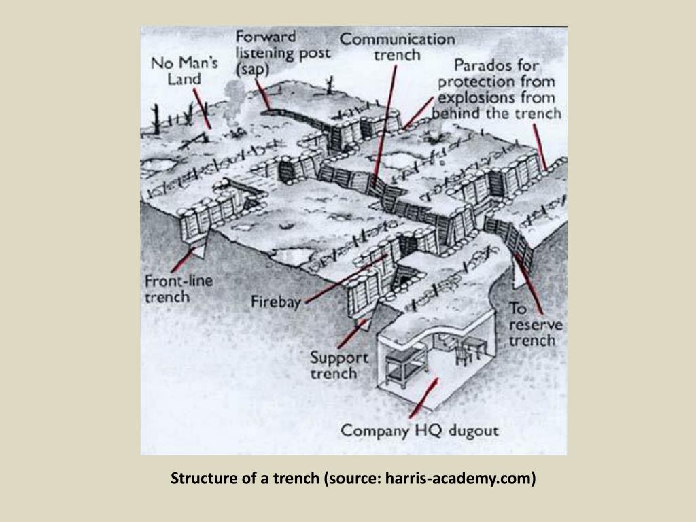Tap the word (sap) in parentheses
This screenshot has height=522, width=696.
tap(254, 69)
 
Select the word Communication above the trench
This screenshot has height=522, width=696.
tap(398, 39)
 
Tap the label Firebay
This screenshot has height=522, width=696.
tap(276, 301)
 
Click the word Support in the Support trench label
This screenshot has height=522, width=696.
tap(339, 358)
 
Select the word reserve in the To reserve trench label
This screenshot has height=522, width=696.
tap(536, 325)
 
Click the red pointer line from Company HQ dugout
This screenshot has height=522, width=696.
tap(423, 398)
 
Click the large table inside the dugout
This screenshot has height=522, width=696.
tap(404, 367)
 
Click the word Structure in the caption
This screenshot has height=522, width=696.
tap(201, 478)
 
